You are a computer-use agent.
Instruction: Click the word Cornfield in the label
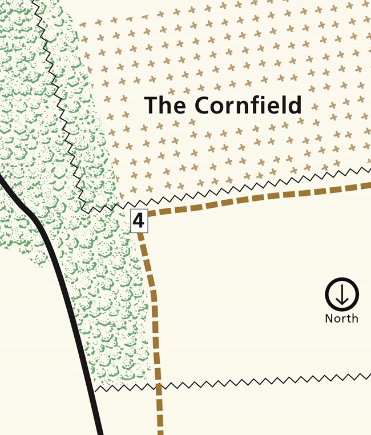(247, 106)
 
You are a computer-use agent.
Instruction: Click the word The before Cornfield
(166, 106)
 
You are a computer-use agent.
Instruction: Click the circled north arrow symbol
(341, 295)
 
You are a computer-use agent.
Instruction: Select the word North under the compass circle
(341, 319)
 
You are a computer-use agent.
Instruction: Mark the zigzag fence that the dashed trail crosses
(257, 381)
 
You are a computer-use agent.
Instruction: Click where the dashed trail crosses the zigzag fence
(158, 385)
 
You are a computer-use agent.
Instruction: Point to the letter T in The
(151, 106)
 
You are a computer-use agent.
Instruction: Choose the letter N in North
(329, 319)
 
